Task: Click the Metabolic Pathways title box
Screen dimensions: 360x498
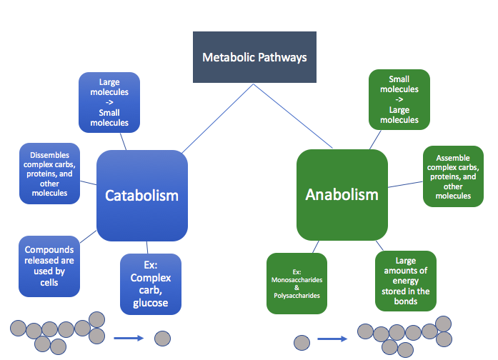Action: pyautogui.click(x=254, y=56)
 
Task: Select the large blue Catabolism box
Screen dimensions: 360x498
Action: pyautogui.click(x=141, y=195)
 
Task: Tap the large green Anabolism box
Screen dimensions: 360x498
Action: pyautogui.click(x=342, y=194)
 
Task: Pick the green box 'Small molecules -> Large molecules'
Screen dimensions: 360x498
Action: pyautogui.click(x=399, y=99)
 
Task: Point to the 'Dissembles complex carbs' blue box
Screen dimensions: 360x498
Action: pyautogui.click(x=49, y=174)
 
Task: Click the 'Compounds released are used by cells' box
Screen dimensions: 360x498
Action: pyautogui.click(x=49, y=266)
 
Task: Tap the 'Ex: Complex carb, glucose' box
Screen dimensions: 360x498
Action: pyautogui.click(x=150, y=284)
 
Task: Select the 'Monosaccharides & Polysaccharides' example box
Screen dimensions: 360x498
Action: pyautogui.click(x=297, y=284)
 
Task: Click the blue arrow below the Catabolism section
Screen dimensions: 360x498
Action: pyautogui.click(x=128, y=338)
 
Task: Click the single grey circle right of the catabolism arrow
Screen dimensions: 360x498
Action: pyautogui.click(x=163, y=338)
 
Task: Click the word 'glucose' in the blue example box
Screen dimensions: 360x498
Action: pyautogui.click(x=150, y=303)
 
